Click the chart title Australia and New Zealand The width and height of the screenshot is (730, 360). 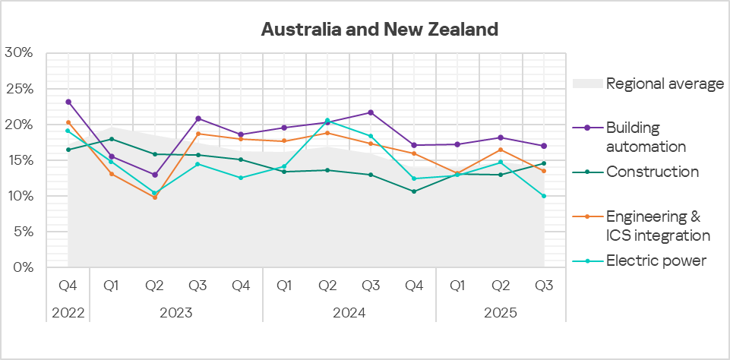tap(379, 30)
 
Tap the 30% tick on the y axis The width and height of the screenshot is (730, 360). tap(18, 53)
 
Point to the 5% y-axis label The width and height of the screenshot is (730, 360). tap(21, 232)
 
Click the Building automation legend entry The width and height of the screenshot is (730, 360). tap(645, 137)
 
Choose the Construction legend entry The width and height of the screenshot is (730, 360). tap(652, 172)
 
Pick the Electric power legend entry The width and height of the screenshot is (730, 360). tap(656, 261)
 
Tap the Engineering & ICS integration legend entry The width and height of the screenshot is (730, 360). tap(658, 226)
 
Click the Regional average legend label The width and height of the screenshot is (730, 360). tap(665, 84)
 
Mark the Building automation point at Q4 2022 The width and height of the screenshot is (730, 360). tap(68, 102)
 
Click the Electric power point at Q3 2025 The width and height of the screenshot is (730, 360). tap(544, 196)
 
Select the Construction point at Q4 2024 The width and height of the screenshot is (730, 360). tap(414, 191)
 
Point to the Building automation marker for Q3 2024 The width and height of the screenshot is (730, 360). tap(371, 112)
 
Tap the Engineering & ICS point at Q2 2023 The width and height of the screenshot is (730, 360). tap(155, 197)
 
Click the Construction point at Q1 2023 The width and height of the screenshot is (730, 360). tap(112, 139)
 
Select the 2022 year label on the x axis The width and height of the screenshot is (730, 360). tap(68, 313)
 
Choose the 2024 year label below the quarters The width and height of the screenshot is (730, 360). tap(349, 313)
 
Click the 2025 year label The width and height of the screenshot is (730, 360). tap(500, 313)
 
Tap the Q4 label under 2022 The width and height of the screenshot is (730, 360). tap(68, 286)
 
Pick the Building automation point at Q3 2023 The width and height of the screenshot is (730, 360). tap(198, 118)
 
